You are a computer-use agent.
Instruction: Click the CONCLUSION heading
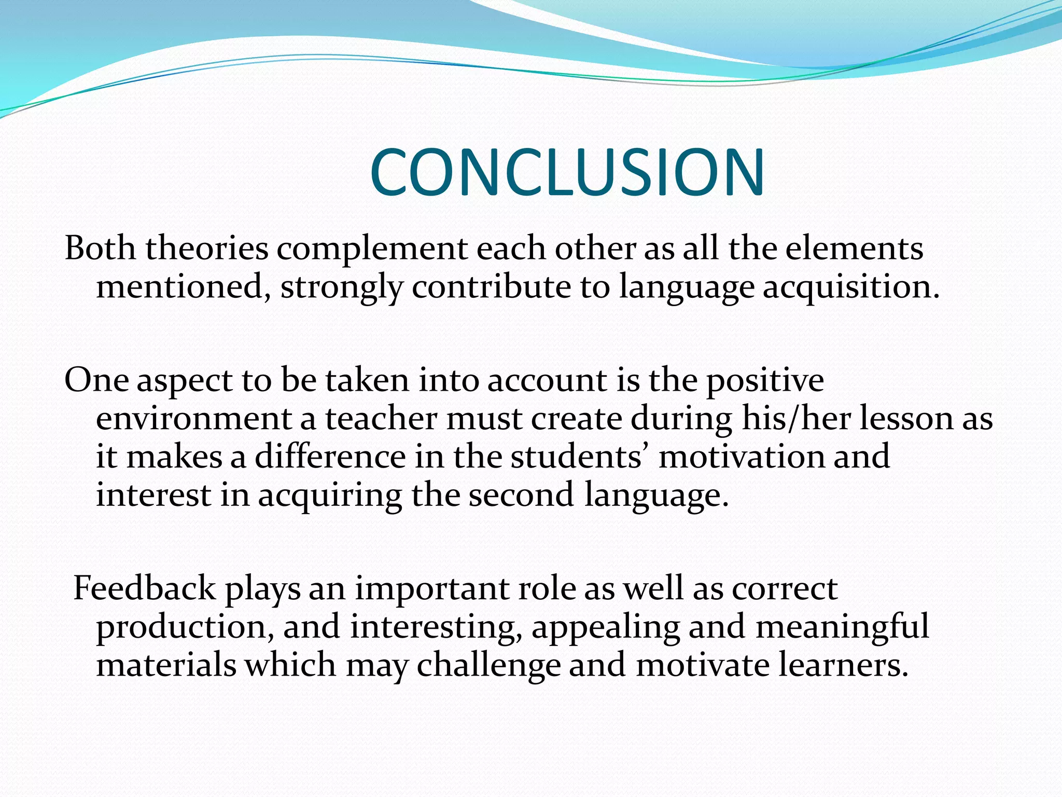[x=567, y=172]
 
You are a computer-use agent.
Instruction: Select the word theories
[x=206, y=249]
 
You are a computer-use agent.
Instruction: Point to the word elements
[x=854, y=249]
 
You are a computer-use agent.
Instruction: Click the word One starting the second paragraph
[x=96, y=380]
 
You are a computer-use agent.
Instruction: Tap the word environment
[x=194, y=419]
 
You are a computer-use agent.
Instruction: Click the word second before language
[x=521, y=496]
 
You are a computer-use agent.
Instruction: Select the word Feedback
[x=144, y=589]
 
